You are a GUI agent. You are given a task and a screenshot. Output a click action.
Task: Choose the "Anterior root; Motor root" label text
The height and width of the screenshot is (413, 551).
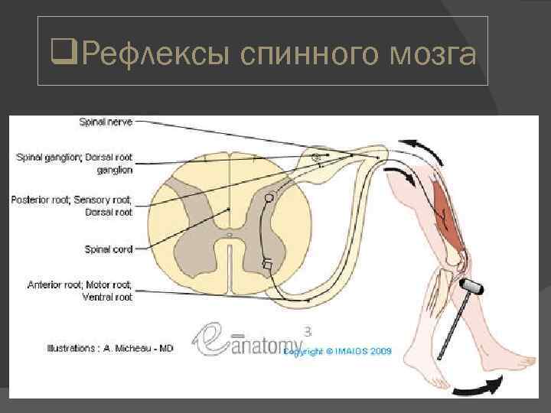tap(80, 285)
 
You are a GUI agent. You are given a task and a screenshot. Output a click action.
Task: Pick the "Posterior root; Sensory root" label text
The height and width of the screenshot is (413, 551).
tap(71, 200)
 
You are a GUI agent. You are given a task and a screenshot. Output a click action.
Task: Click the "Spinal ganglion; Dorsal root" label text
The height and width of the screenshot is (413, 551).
tap(74, 158)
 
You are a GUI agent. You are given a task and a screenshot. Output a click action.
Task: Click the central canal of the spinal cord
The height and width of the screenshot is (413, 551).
tap(230, 235)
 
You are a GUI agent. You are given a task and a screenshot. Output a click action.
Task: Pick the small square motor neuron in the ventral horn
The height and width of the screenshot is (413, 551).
tap(266, 265)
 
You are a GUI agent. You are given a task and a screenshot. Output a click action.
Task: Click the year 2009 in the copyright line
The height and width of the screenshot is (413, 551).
tap(377, 352)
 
